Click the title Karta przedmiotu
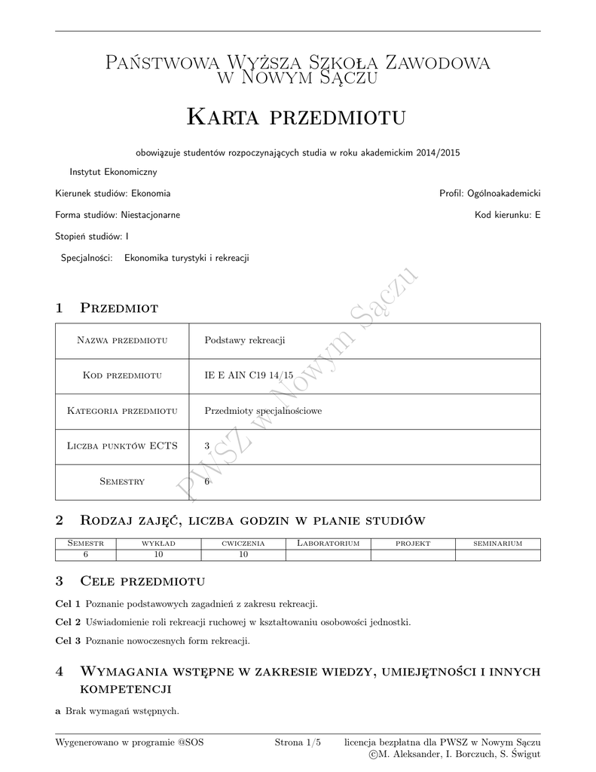[x=296, y=118]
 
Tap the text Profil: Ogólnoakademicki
[x=490, y=194]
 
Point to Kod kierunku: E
[x=507, y=215]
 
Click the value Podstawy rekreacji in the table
[x=245, y=341]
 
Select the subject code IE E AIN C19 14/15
[x=249, y=375]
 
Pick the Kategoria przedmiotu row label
[x=122, y=411]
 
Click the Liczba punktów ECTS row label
[x=122, y=446]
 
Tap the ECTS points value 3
[x=207, y=446]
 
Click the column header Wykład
[x=158, y=544]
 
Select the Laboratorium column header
[x=328, y=544]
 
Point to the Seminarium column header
[x=497, y=544]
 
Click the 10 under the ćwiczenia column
[x=243, y=555]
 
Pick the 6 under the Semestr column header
[x=86, y=555]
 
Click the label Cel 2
[x=69, y=623]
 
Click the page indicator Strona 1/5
[x=298, y=743]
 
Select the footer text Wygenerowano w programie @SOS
[x=130, y=743]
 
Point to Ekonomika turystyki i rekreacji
[x=186, y=258]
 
